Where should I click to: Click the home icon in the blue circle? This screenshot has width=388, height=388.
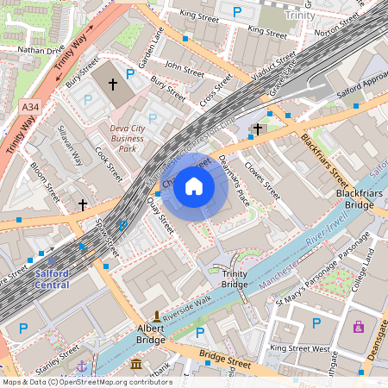tap(194, 185)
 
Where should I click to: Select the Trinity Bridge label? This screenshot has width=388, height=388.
tap(235, 278)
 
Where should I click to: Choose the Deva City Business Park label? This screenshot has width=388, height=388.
tap(115, 137)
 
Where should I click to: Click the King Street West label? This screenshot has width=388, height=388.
tap(299, 348)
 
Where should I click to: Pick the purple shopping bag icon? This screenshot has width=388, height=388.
tap(358, 326)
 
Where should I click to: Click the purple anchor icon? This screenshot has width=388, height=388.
tap(82, 366)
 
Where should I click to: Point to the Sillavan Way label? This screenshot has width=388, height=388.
tap(68, 147)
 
